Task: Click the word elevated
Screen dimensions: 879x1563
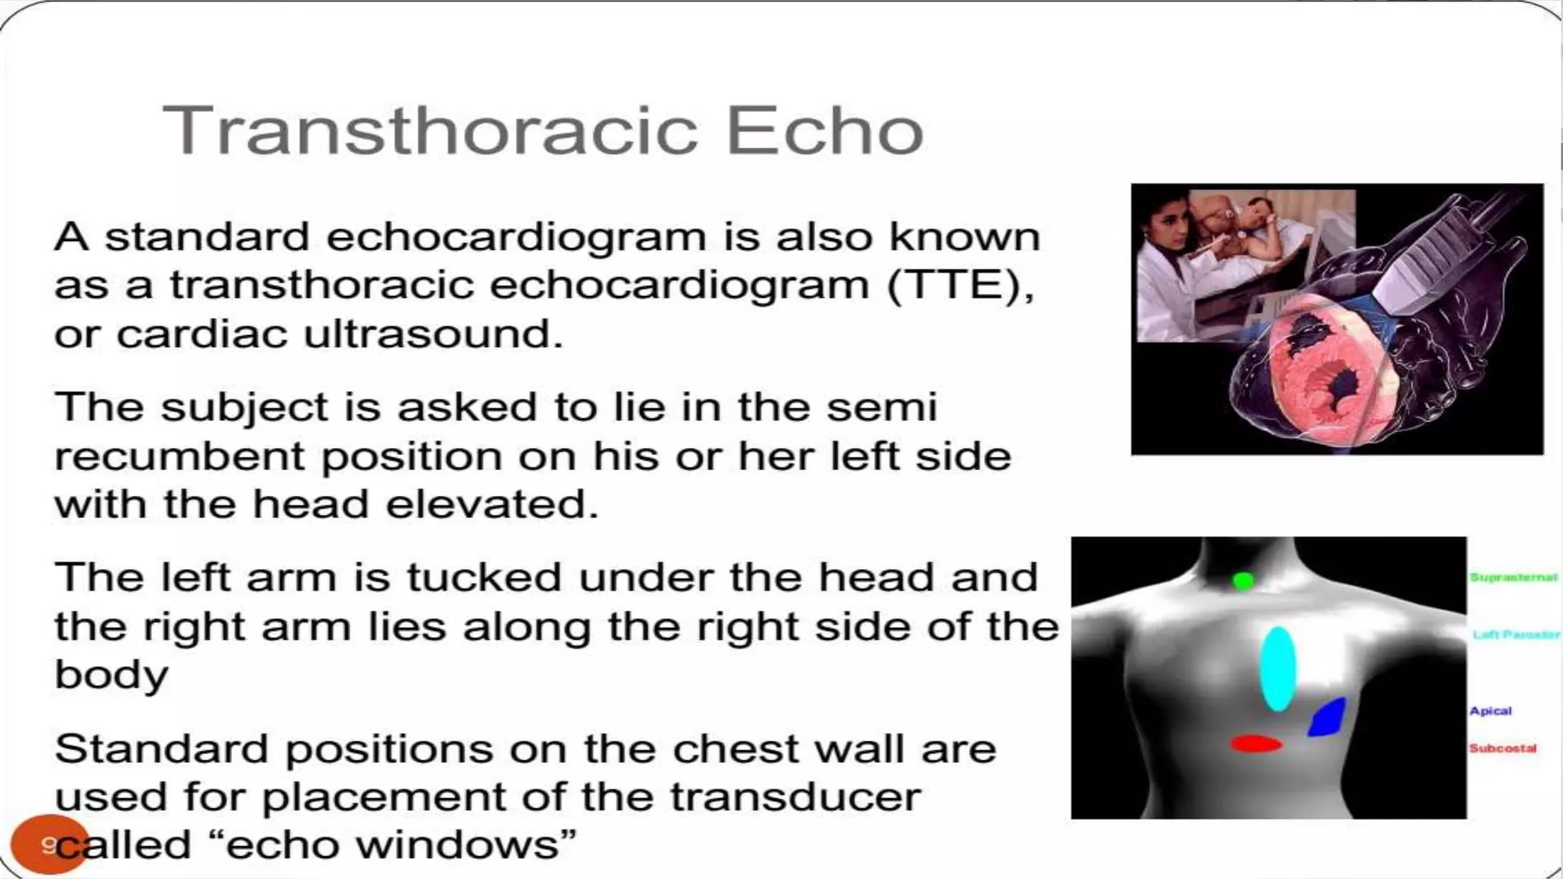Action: click(491, 504)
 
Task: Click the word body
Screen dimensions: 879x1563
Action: click(111, 675)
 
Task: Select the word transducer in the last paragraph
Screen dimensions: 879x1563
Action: click(795, 797)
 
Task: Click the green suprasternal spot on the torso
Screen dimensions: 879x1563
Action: click(1243, 581)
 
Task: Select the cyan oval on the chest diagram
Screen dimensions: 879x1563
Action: click(1277, 669)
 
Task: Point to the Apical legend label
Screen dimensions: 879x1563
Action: click(1490, 711)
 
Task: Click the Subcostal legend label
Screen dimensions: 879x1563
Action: click(1503, 749)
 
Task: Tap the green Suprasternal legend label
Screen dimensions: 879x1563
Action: click(1513, 578)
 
